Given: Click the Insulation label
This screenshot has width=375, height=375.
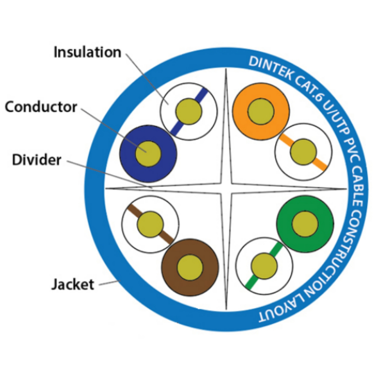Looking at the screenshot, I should click(x=87, y=52).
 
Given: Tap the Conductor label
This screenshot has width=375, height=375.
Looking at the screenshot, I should click(x=41, y=107).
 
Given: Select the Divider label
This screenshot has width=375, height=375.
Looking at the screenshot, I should click(x=37, y=160).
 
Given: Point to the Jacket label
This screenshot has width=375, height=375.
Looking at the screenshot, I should click(x=73, y=284).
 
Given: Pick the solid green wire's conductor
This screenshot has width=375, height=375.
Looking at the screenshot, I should click(x=305, y=224).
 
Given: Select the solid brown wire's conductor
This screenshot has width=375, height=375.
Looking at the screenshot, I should click(x=190, y=268).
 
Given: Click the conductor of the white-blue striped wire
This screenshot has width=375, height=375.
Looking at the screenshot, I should click(x=189, y=111).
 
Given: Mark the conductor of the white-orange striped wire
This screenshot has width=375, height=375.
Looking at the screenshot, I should click(x=303, y=152).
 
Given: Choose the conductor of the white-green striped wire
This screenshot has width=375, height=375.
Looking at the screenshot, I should click(x=264, y=266).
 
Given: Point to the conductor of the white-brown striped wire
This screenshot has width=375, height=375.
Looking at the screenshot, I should click(x=150, y=224).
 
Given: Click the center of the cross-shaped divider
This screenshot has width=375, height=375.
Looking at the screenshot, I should click(x=226, y=189).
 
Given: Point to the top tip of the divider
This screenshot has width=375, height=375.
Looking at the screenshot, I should click(x=226, y=70).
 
